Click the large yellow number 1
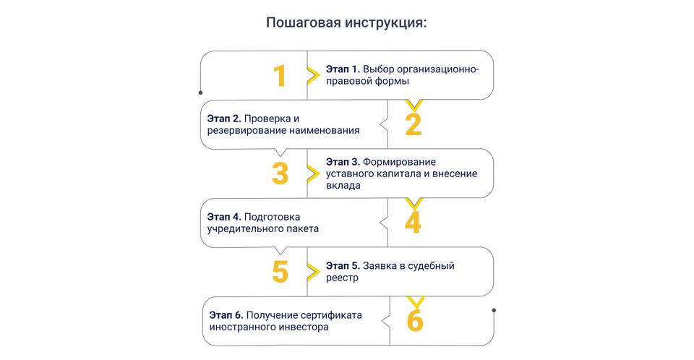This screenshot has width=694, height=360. click(x=280, y=75)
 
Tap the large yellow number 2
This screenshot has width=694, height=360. click(x=414, y=124)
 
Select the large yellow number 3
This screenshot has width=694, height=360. click(x=280, y=173)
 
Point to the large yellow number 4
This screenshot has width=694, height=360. click(x=413, y=222)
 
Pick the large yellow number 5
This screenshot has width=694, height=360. click(x=280, y=271)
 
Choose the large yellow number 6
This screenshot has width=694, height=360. click(x=415, y=320)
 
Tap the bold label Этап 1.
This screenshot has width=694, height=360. click(x=343, y=69)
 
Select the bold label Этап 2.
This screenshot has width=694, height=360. click(x=224, y=119)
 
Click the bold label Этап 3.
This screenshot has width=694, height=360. click(x=343, y=162)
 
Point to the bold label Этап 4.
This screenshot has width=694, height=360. click(x=224, y=217)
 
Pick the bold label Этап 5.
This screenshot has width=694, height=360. click(x=343, y=266)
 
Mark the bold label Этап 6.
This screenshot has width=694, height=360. click(x=226, y=315)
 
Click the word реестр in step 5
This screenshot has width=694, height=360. click(x=342, y=278)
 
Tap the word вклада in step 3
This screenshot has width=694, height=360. click(x=343, y=186)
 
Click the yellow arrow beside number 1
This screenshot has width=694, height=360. click(x=313, y=76)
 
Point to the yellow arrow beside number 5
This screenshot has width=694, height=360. click(x=313, y=272)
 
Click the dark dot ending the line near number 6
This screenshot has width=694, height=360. click(x=494, y=310)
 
